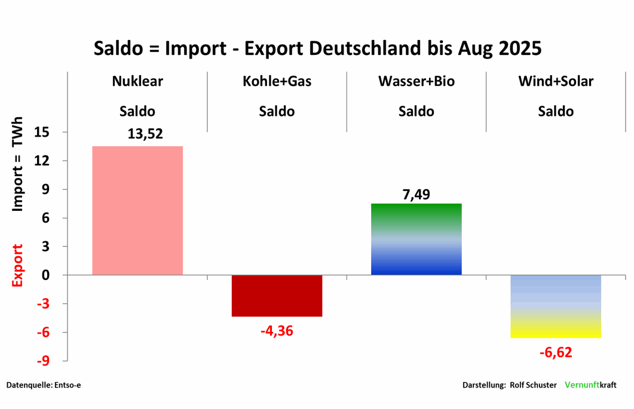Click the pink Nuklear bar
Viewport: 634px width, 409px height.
[137, 210]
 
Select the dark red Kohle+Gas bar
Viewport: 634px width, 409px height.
[277, 296]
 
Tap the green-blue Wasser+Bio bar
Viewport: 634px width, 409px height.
[416, 239]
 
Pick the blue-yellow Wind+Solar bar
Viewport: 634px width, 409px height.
[556, 306]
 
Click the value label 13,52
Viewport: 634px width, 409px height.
[145, 134]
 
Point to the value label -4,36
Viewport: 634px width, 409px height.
[277, 330]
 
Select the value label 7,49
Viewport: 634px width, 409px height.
[416, 194]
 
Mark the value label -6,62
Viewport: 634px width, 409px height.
[556, 352]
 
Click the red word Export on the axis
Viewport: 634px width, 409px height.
[18, 265]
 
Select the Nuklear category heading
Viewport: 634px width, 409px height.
[137, 82]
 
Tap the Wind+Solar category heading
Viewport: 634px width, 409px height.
[556, 82]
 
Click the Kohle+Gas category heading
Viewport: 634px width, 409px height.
[277, 82]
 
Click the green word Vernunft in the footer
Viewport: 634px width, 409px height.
[582, 385]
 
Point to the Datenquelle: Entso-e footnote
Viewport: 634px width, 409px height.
[44, 385]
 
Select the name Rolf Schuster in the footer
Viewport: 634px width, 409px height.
[533, 385]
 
